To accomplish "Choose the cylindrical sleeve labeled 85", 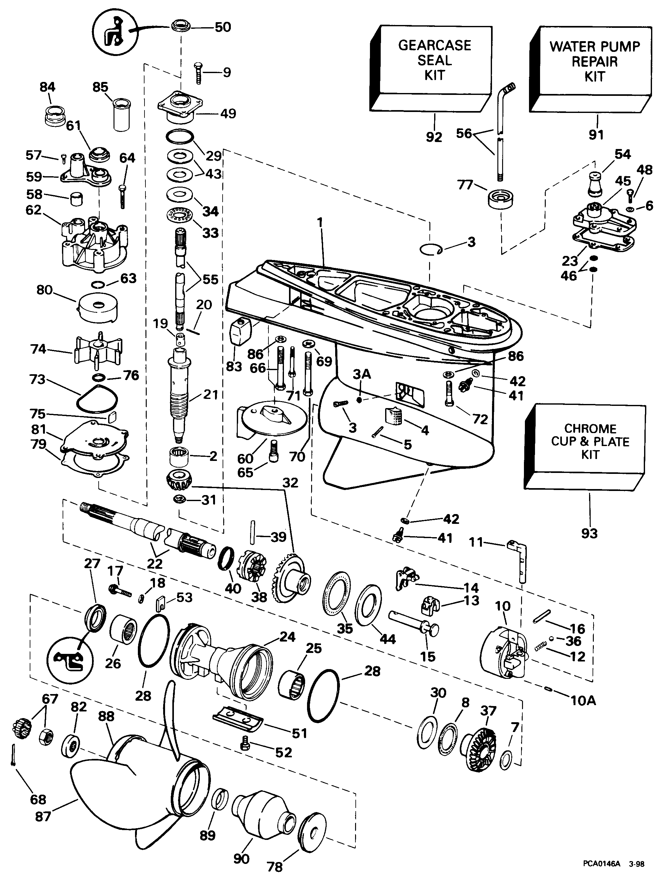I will pos(121,115).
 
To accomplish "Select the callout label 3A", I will pos(361,374).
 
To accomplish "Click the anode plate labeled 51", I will pos(237,716).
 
